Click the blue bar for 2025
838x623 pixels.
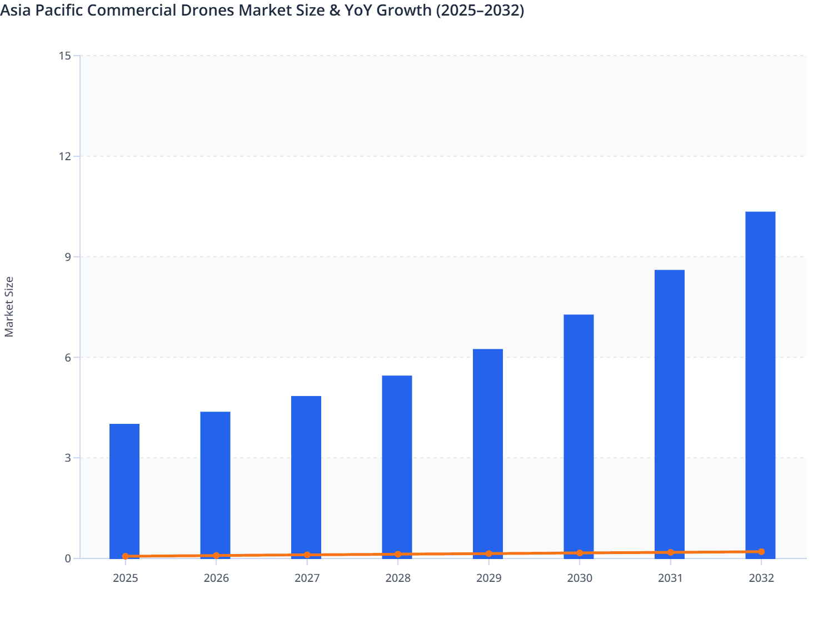pyautogui.click(x=124, y=489)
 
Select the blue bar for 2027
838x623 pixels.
pyautogui.click(x=306, y=476)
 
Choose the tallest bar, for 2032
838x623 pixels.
pyautogui.click(x=760, y=384)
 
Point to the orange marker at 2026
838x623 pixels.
pyautogui.click(x=216, y=556)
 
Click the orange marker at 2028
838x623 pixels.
pyautogui.click(x=398, y=554)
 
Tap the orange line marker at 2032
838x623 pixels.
pyautogui.click(x=761, y=552)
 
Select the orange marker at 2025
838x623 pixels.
pyautogui.click(x=126, y=556)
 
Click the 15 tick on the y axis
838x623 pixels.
pyautogui.click(x=64, y=56)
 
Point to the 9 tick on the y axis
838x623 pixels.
pyautogui.click(x=68, y=257)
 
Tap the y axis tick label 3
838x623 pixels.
pyautogui.click(x=68, y=458)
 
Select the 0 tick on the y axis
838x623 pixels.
pyautogui.click(x=68, y=558)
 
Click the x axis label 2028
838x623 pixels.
pyautogui.click(x=398, y=578)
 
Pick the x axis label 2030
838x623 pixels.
pyautogui.click(x=580, y=578)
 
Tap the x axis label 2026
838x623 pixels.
pyautogui.click(x=216, y=578)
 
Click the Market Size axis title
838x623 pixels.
pyautogui.click(x=9, y=306)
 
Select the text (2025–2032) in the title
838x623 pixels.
pyautogui.click(x=480, y=10)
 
